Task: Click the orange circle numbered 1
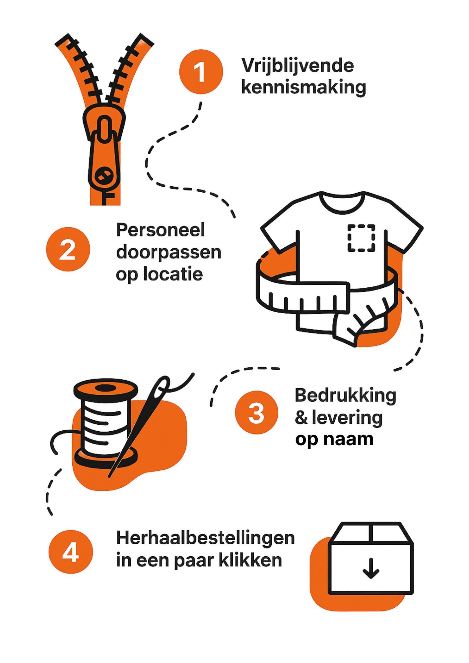click(201, 71)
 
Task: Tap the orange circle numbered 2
click(68, 249)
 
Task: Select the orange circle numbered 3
click(257, 413)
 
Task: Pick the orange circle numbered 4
click(71, 552)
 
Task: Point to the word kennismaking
click(303, 87)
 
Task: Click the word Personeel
click(161, 230)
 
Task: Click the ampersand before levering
click(301, 418)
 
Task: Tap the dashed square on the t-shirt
click(361, 238)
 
